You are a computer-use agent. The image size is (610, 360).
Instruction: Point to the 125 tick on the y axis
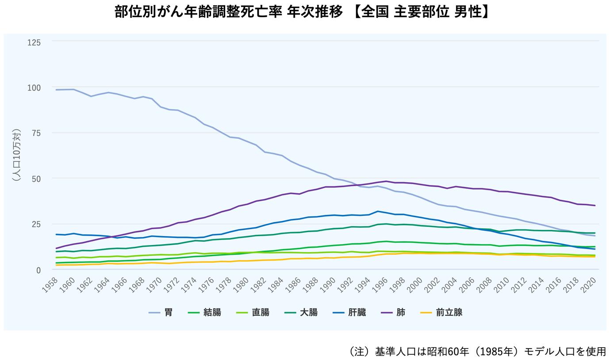click(x=34, y=42)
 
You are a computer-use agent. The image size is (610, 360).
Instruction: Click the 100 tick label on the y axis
click(x=34, y=88)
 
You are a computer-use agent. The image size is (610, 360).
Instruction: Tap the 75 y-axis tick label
click(x=36, y=134)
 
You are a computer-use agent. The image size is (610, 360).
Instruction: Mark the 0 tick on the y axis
click(x=38, y=270)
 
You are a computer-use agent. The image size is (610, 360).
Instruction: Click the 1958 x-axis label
click(x=50, y=286)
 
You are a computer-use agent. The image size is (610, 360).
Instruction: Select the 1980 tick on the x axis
click(x=241, y=286)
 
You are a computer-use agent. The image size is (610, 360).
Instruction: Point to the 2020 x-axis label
click(x=589, y=286)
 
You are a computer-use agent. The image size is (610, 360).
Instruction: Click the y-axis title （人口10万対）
click(x=17, y=155)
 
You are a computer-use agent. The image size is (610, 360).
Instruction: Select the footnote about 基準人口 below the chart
click(x=477, y=352)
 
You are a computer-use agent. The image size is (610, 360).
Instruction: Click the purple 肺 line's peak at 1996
click(x=386, y=181)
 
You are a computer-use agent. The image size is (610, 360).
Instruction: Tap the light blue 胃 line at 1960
click(x=73, y=89)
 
